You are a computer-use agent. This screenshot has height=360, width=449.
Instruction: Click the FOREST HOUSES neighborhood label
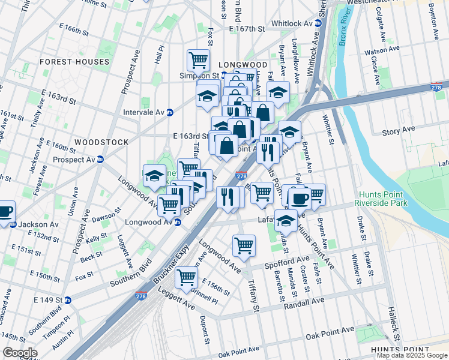74,62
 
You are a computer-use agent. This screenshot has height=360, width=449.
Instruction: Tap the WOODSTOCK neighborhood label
101,142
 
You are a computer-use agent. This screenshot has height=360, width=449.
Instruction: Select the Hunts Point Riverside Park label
384,199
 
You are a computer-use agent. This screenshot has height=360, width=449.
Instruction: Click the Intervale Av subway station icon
170,112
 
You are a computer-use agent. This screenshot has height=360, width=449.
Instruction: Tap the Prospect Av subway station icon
100,160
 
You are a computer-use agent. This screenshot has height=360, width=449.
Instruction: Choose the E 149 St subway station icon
68,300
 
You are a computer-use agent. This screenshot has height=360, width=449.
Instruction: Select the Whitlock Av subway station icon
319,23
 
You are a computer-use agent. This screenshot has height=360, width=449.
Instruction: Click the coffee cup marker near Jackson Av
5,212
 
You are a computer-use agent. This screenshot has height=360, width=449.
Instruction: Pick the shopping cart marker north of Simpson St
198,60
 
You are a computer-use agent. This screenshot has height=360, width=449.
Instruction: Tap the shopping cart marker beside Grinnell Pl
187,277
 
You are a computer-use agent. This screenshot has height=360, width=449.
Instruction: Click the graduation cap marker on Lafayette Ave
286,220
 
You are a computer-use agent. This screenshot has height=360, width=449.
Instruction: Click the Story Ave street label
399,130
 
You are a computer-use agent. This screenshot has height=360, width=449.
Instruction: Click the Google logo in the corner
20,353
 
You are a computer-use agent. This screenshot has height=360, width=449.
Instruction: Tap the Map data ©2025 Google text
412,355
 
